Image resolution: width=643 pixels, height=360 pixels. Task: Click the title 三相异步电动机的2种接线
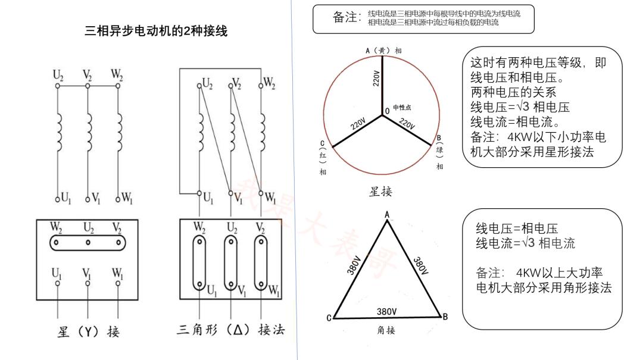coord(156,30)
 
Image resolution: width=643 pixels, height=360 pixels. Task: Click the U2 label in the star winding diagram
coord(58,75)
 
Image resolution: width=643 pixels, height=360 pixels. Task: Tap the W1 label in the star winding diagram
coord(126,197)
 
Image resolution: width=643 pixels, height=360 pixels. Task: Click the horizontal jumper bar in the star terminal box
coord(88,242)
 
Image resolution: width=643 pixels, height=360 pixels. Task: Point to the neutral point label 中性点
coord(402,108)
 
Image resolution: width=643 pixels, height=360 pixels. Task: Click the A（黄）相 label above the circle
coord(383,51)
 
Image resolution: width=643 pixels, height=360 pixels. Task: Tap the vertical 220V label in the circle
coord(376,77)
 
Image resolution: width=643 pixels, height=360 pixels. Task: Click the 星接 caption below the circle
coord(381,192)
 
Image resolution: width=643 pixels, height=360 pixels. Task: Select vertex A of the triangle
coord(387,215)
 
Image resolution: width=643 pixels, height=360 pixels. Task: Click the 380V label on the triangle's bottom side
coord(387,311)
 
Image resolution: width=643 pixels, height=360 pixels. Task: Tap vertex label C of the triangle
coord(329,318)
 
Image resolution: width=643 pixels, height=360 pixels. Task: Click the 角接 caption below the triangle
coord(386,330)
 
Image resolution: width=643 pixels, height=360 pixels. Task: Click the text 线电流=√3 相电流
coord(526,243)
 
